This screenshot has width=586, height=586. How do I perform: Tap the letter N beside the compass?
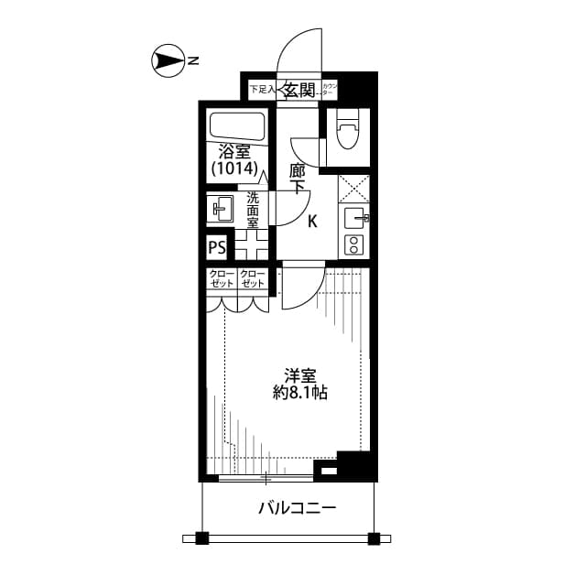pos(194,62)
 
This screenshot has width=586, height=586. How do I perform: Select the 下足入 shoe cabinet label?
pos(263,90)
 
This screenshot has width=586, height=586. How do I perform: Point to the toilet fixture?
pos(346,130)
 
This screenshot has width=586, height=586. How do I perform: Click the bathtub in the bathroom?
pos(236,125)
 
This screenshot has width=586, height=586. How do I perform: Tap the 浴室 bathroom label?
pos(234,152)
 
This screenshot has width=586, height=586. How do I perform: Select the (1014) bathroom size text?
pos(234,169)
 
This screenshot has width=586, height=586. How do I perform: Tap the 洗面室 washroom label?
pos(252,210)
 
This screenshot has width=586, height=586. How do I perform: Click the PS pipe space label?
pos(217,247)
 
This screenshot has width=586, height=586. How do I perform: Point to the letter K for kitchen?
pos(312,221)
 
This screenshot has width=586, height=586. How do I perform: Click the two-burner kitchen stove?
pos(353,244)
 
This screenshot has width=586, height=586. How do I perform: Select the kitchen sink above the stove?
pos(353,219)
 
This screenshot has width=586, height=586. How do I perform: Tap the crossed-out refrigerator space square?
pos(353,188)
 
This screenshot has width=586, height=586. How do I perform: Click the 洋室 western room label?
pos(300,374)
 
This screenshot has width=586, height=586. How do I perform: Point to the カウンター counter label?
pos(331,90)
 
